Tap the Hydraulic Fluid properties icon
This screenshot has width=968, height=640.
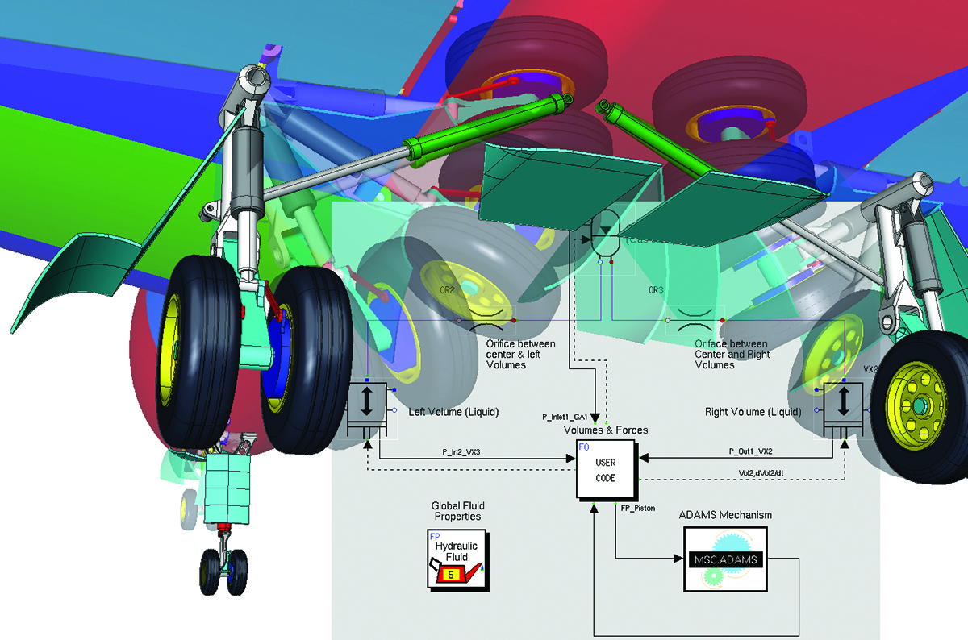point(456,559)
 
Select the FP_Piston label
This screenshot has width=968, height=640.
point(638,509)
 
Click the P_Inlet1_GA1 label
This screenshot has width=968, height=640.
point(565,417)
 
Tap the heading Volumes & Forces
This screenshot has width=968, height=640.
point(605,430)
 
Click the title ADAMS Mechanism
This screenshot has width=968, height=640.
point(725,515)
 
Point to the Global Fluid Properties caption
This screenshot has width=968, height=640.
point(457,511)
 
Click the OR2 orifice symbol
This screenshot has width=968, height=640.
point(487,320)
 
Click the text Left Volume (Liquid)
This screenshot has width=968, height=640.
point(453,412)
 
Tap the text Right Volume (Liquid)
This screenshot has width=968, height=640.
point(753,412)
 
